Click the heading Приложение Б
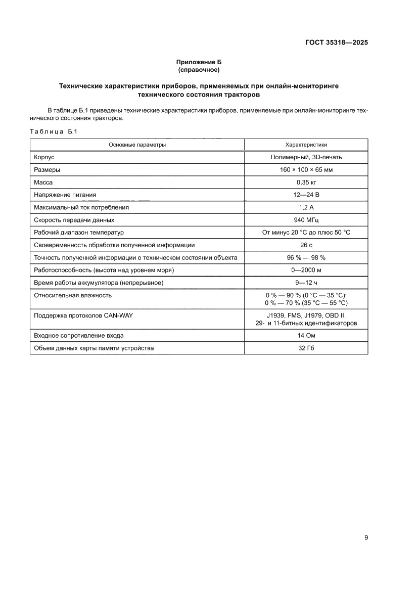[x=199, y=62]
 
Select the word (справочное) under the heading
[x=199, y=69]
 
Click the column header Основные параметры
[x=137, y=145]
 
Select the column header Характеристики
[x=306, y=145]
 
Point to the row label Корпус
[x=44, y=157]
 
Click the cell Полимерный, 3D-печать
[x=306, y=157]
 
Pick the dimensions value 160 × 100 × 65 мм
[x=306, y=170]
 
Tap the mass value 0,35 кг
[x=306, y=182]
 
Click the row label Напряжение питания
[x=65, y=195]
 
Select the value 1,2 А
[x=306, y=207]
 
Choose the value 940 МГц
[x=306, y=220]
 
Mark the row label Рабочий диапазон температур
[x=78, y=232]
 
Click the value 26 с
[x=306, y=245]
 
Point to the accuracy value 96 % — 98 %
[x=306, y=257]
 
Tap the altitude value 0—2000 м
[x=306, y=270]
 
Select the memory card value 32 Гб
[x=306, y=348]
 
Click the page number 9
[x=366, y=537]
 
